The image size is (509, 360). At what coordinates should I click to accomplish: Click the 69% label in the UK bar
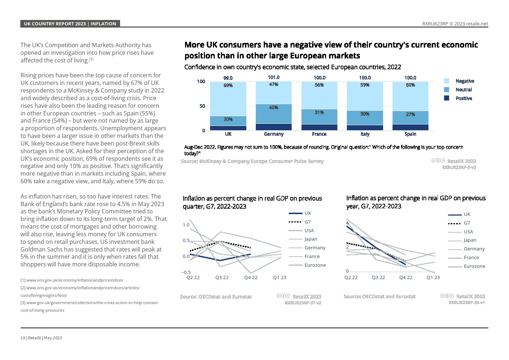[x=228, y=86]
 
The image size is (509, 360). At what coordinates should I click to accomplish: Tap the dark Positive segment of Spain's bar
[x=410, y=127]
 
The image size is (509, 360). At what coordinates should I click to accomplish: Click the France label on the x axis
[x=319, y=134]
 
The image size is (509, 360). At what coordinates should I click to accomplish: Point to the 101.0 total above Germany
[x=274, y=77]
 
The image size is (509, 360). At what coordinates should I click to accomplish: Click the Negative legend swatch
[x=447, y=81]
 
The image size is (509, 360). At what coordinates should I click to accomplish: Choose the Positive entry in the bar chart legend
[x=464, y=98]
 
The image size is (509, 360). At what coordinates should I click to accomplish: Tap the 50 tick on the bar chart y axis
[x=202, y=106]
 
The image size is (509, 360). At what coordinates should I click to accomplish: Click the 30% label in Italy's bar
[x=365, y=114]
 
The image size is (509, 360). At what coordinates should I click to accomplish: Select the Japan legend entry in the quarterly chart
[x=311, y=239]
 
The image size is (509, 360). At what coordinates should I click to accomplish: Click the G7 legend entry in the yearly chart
[x=467, y=223]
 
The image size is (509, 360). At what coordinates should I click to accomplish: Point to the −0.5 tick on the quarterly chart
[x=186, y=272]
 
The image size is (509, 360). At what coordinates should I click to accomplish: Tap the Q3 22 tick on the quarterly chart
[x=222, y=278]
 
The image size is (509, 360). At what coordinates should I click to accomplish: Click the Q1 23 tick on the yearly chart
[x=433, y=278]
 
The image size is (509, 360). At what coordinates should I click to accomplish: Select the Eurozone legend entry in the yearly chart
[x=474, y=266]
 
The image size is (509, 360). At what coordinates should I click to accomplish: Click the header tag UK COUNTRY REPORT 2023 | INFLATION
[x=70, y=24]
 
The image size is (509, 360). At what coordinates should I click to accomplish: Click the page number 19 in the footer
[x=22, y=338]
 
